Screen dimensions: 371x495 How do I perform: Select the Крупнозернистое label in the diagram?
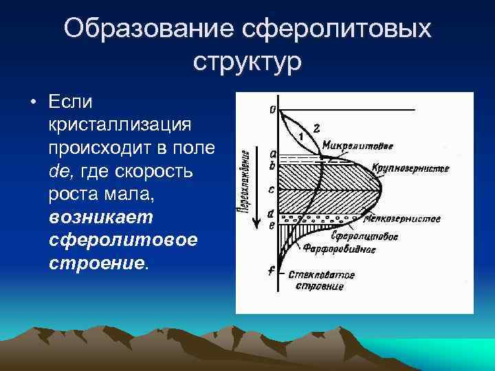pos(410,169)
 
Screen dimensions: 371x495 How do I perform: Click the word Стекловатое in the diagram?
pos(321,275)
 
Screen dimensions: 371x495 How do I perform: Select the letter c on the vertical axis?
pos(272,189)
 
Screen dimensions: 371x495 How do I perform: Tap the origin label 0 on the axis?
pos(273,109)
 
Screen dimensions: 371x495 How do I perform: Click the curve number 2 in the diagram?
pos(316,128)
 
